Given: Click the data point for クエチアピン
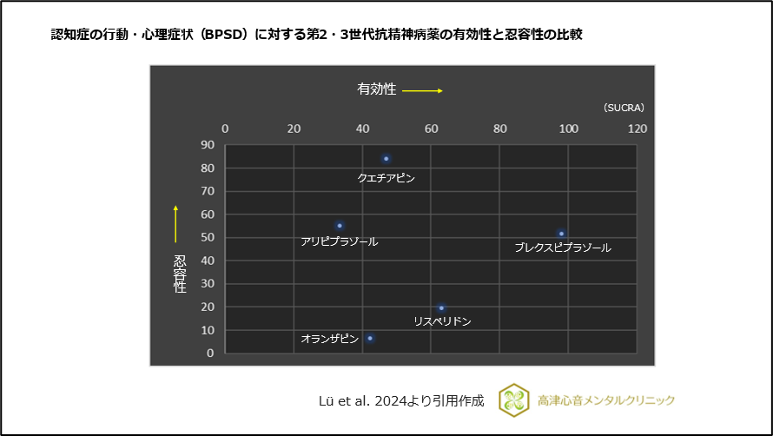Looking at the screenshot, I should coord(386,159).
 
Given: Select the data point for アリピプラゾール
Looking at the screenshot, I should coord(340,226).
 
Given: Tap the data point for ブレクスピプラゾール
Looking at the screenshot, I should coord(562,234).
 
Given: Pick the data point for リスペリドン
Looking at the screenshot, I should coord(441,307).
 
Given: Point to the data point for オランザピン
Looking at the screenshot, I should coord(370,338).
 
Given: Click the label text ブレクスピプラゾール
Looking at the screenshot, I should coord(562,248).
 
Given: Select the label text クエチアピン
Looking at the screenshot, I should coord(386,178).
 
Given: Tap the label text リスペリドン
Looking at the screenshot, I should coord(442,321).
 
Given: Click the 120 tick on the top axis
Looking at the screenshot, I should coord(637,129).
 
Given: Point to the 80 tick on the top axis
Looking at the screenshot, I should coord(499,129).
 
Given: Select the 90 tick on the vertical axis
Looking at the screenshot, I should coord(208,145).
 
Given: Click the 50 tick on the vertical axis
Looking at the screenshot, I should coord(208,237).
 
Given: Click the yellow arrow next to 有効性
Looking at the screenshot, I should coord(423,90).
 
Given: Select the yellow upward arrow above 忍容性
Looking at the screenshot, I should coord(175,224).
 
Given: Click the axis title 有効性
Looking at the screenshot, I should coord(376,89).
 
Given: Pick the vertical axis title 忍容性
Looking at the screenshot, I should coord(180,274).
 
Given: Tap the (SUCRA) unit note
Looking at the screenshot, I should coord(623,108).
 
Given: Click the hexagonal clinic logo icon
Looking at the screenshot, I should coord(514,400).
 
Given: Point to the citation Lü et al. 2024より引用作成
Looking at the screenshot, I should coord(401,400).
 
